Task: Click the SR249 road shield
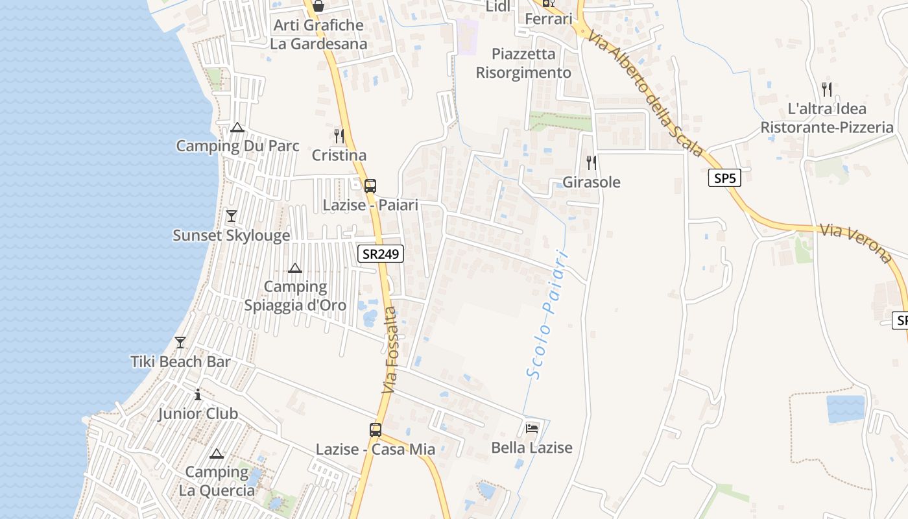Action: tap(381, 254)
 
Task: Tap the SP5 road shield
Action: tap(724, 178)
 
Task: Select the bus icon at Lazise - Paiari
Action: tap(370, 186)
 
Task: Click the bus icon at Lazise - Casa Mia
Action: tap(376, 429)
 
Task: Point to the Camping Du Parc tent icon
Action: tap(237, 127)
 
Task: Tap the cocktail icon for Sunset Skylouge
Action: tap(232, 216)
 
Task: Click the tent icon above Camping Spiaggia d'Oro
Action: tap(295, 268)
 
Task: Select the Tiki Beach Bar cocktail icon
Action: tap(180, 343)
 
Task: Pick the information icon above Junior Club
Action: tap(198, 394)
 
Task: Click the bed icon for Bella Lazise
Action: tap(532, 428)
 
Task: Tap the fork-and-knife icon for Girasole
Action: tap(591, 162)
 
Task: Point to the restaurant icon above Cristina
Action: tap(339, 136)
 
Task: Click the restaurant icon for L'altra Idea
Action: tap(826, 89)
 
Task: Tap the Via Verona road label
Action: tap(855, 243)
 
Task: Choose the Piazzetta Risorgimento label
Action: tap(523, 63)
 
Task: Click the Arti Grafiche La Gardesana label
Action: tap(318, 34)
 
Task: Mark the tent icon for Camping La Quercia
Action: tap(217, 453)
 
